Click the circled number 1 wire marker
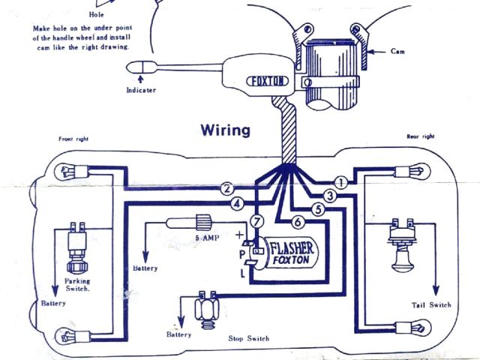(340, 182)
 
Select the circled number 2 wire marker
(226, 189)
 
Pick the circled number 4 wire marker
(237, 203)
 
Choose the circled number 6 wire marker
(297, 222)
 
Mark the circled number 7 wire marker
(256, 221)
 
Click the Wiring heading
(225, 130)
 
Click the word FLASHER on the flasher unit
(290, 247)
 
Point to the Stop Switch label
(250, 338)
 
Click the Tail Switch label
(432, 304)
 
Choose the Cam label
(399, 52)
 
